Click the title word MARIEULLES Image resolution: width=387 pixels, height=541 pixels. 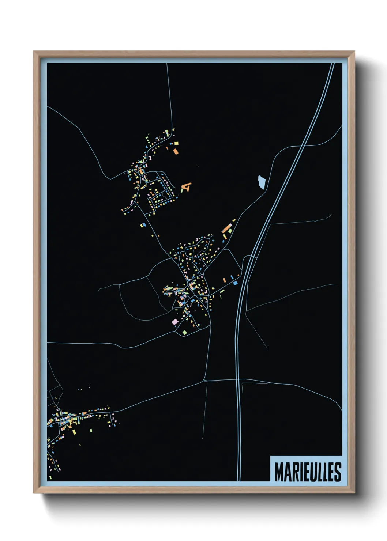click(x=308, y=472)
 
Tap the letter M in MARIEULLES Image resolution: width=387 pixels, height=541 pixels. click(x=279, y=472)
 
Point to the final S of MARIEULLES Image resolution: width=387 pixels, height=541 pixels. click(x=338, y=472)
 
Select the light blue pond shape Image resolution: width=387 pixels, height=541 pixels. click(x=262, y=182)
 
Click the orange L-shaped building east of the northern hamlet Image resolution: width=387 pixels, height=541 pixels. click(x=187, y=187)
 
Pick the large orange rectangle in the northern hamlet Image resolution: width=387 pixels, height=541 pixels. click(x=176, y=151)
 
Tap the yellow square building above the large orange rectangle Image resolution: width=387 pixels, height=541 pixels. click(x=175, y=143)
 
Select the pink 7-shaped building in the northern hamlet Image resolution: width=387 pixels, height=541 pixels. click(x=150, y=158)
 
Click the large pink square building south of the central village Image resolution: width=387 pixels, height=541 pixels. click(x=175, y=322)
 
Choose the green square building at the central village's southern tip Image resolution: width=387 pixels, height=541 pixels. click(x=184, y=332)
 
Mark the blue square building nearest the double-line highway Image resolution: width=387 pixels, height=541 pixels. click(x=235, y=283)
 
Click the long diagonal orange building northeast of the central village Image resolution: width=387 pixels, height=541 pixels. click(x=227, y=229)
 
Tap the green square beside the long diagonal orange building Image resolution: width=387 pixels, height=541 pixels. click(x=230, y=231)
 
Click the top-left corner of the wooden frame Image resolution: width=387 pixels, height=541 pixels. click(x=34, y=52)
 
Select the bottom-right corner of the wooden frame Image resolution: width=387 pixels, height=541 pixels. click(x=354, y=493)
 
